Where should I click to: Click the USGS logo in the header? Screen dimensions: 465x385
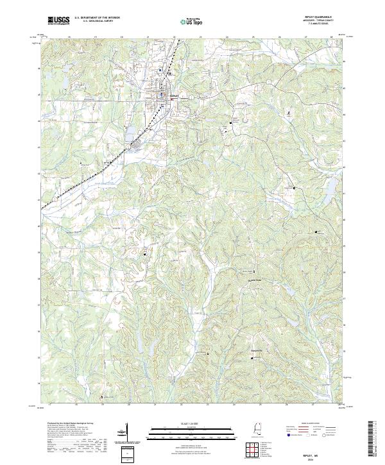pos(58,21)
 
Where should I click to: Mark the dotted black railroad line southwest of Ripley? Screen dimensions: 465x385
pos(96,170)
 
